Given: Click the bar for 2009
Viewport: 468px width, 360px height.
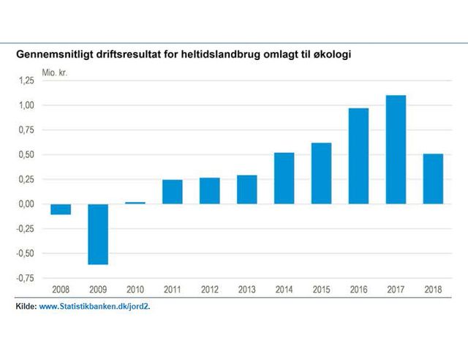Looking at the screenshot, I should coord(98,234).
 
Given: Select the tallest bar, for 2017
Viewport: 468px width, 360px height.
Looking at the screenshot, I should coord(395,149).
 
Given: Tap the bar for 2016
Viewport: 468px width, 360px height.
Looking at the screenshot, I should coord(358,156).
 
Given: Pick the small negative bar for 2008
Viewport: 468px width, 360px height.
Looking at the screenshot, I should coord(61,209).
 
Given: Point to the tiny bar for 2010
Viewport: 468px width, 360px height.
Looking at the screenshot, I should coord(135,203).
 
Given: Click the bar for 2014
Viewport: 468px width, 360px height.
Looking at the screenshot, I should coord(284,178).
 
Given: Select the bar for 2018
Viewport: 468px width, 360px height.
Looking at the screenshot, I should coord(432,179).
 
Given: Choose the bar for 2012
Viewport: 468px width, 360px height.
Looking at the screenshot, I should coord(209,190).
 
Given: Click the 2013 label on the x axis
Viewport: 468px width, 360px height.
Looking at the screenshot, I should coord(246,290).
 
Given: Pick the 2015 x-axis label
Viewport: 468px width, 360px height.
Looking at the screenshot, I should coord(321,290).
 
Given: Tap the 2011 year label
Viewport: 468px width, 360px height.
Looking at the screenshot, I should coord(172,290).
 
